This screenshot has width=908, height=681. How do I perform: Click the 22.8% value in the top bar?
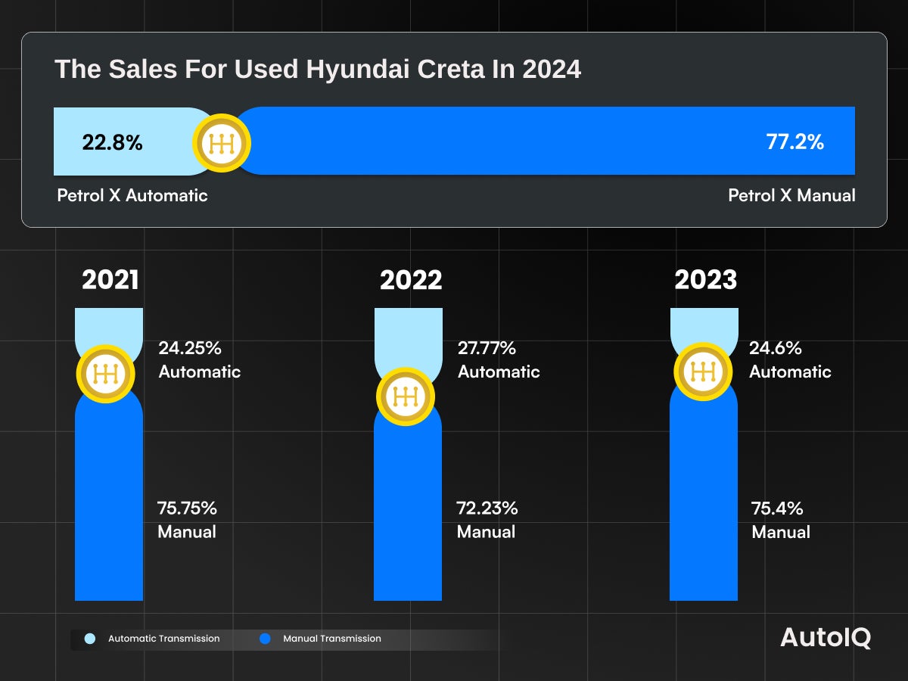click(112, 141)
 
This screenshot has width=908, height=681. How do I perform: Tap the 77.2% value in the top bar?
click(794, 141)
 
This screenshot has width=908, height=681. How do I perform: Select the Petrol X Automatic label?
click(132, 195)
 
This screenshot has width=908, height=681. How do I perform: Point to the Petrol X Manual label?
click(791, 195)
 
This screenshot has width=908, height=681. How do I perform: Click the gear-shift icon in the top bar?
click(220, 142)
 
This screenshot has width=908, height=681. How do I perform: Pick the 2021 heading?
click(110, 280)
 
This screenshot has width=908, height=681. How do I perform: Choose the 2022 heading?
click(411, 280)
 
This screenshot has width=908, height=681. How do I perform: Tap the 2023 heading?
click(706, 280)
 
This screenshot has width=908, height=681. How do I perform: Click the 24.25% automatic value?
click(189, 349)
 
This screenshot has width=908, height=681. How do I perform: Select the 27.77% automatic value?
click(487, 349)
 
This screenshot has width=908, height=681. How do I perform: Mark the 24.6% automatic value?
click(776, 349)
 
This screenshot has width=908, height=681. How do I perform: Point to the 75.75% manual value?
click(187, 508)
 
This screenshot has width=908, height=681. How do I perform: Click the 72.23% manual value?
click(487, 508)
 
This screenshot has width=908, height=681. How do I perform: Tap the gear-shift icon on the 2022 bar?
click(406, 396)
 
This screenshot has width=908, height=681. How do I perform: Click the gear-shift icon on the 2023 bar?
click(703, 372)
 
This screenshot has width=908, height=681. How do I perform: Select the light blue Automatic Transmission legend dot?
click(90, 639)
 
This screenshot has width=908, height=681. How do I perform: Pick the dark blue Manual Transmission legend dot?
click(265, 639)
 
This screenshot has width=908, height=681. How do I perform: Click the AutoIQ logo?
click(826, 638)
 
